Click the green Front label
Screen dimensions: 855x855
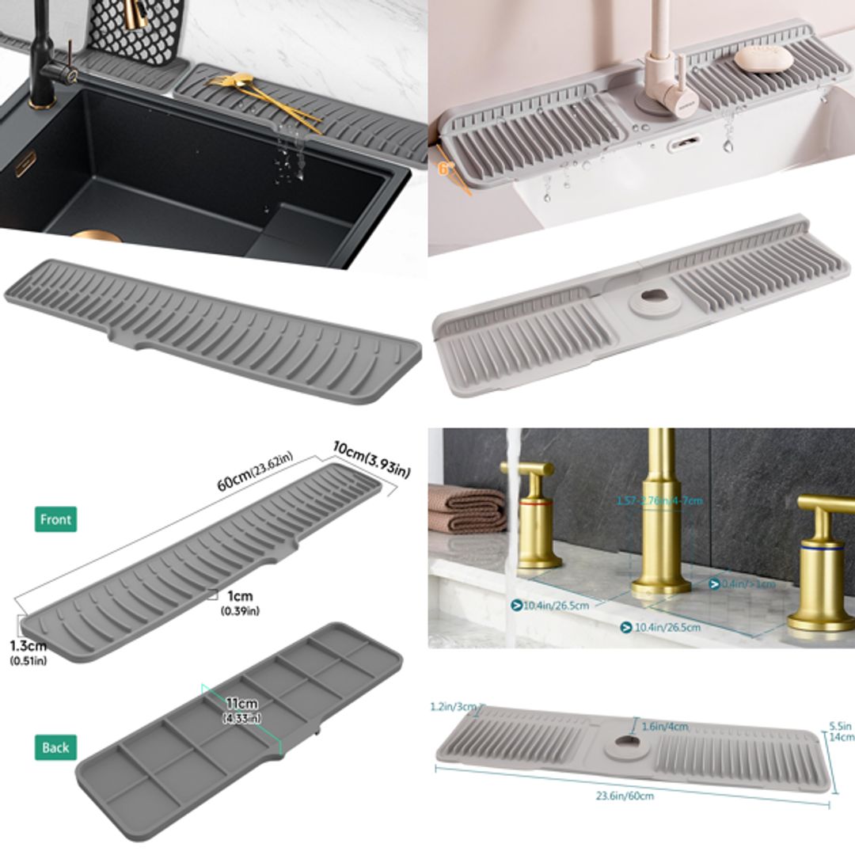(55, 520)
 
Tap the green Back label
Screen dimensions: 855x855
(55, 747)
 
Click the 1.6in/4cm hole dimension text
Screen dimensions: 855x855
(665, 726)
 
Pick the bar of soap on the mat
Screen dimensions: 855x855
(762, 58)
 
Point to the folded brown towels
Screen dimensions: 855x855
(467, 509)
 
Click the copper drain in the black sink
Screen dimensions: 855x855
(99, 236)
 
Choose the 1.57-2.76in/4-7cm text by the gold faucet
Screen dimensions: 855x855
(659, 500)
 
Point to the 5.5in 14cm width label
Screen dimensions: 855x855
(841, 731)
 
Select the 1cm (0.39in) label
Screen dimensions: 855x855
(240, 602)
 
